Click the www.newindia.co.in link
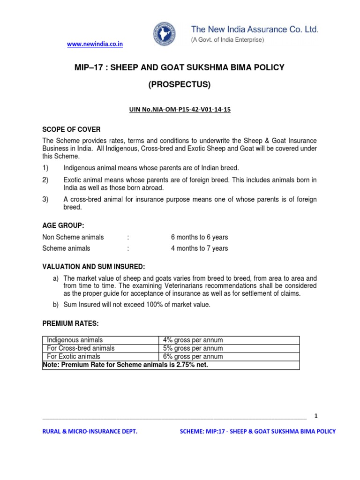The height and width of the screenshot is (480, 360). (95, 44)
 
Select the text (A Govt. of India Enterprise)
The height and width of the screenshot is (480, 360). (227, 40)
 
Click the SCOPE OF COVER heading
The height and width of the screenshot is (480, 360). (71, 129)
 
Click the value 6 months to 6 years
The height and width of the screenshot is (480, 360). (199, 237)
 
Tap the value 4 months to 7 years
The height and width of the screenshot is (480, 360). (199, 248)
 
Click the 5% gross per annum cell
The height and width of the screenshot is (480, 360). (193, 348)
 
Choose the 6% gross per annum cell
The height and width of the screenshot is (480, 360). (193, 357)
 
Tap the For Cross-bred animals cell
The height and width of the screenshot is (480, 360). (81, 348)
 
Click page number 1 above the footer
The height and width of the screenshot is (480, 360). (316, 416)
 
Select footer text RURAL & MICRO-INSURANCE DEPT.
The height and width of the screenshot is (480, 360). (90, 431)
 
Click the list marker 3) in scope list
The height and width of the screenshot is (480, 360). (45, 200)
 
